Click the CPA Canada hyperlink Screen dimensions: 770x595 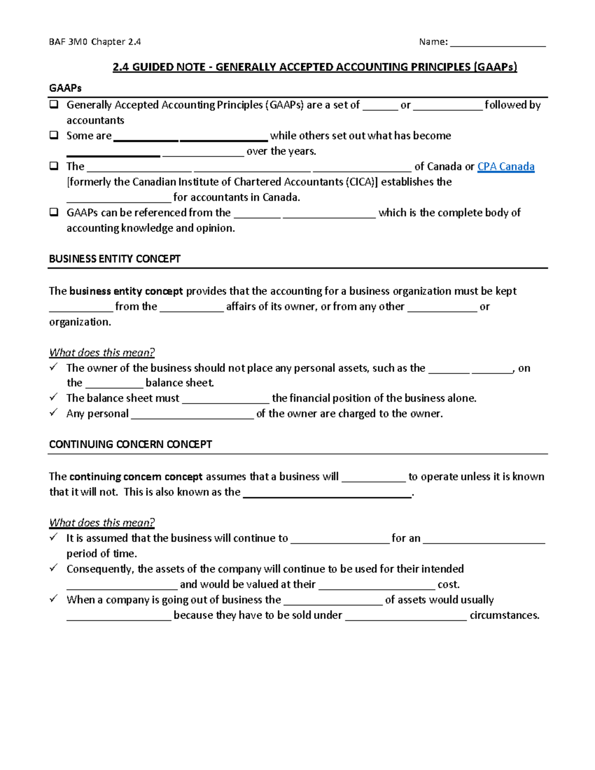pos(505,167)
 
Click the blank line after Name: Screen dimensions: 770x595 pos(497,43)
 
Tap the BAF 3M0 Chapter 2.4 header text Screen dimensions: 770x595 pos(95,42)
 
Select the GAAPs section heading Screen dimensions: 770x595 pos(65,88)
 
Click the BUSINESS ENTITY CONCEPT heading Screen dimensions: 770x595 pos(115,259)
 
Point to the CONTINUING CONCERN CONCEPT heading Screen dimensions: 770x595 pos(130,444)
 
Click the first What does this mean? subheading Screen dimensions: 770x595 pos(102,353)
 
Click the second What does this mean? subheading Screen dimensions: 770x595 pos(102,523)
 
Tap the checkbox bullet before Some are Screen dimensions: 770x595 pos(54,135)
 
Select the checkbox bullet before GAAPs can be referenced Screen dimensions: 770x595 pos(54,212)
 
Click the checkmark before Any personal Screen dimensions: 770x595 pos(54,413)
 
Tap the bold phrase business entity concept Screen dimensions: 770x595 pos(126,291)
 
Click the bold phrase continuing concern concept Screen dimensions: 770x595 pos(136,476)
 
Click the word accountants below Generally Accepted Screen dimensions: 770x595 pos(95,120)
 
